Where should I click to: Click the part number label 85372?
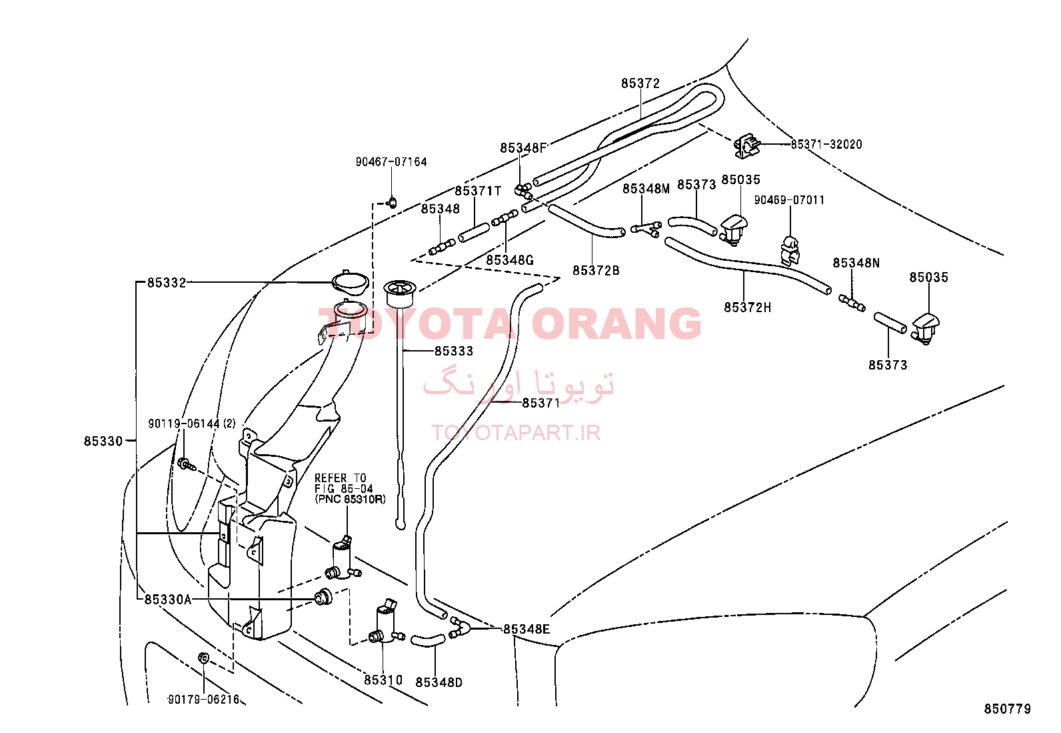[640, 83]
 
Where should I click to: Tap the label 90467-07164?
[391, 162]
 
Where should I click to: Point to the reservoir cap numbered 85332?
[351, 282]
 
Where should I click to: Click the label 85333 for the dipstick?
[454, 351]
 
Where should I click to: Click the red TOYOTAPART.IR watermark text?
[516, 433]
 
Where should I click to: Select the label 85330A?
[168, 600]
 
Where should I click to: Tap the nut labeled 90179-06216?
[204, 658]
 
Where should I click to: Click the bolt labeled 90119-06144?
[186, 464]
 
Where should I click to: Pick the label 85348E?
[527, 629]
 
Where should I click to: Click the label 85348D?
[439, 682]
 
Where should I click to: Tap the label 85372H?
[748, 307]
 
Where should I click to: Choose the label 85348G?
[510, 260]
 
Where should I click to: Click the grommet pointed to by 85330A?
[323, 597]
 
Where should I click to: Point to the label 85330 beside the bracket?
[103, 442]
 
